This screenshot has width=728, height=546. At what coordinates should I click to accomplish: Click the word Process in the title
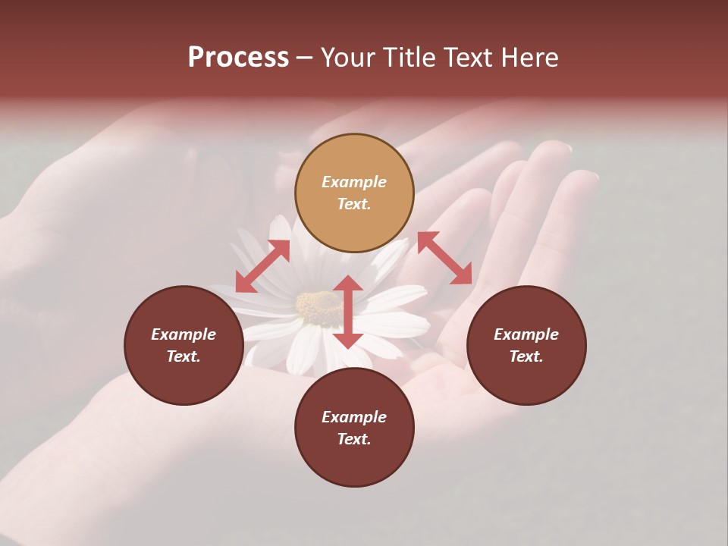click(x=238, y=58)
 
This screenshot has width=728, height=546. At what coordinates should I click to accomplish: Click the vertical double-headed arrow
click(x=348, y=312)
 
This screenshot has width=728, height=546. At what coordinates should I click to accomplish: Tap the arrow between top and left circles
click(x=262, y=266)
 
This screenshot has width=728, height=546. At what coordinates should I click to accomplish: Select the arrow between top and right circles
click(x=444, y=259)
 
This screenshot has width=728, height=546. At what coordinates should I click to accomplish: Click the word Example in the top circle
click(x=354, y=182)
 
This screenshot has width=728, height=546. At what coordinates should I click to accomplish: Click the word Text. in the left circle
click(x=184, y=356)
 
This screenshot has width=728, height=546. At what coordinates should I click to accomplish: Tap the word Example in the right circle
click(x=526, y=334)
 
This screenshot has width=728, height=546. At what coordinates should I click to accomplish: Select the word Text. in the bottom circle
click(x=354, y=439)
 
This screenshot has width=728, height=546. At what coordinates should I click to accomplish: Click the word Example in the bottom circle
click(x=354, y=417)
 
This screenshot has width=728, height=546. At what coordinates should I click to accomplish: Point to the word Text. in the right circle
click(x=526, y=356)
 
